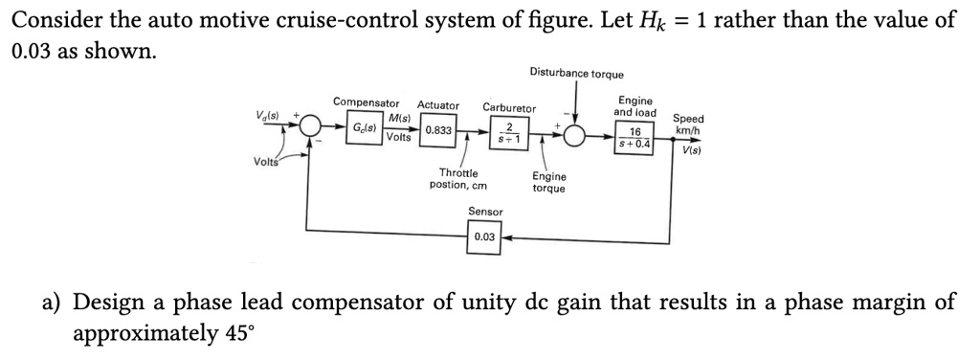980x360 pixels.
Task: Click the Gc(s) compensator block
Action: point(365,129)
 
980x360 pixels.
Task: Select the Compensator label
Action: point(366,102)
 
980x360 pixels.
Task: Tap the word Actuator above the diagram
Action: point(438,105)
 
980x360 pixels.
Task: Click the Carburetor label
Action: point(509,108)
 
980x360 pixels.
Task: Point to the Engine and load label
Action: point(635,105)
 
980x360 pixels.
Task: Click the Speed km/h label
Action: point(688,124)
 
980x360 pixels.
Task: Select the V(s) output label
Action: point(691,150)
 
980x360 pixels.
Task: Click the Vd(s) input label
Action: point(268,116)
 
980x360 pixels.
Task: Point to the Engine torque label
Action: point(548,182)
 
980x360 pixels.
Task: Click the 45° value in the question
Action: point(239,334)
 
